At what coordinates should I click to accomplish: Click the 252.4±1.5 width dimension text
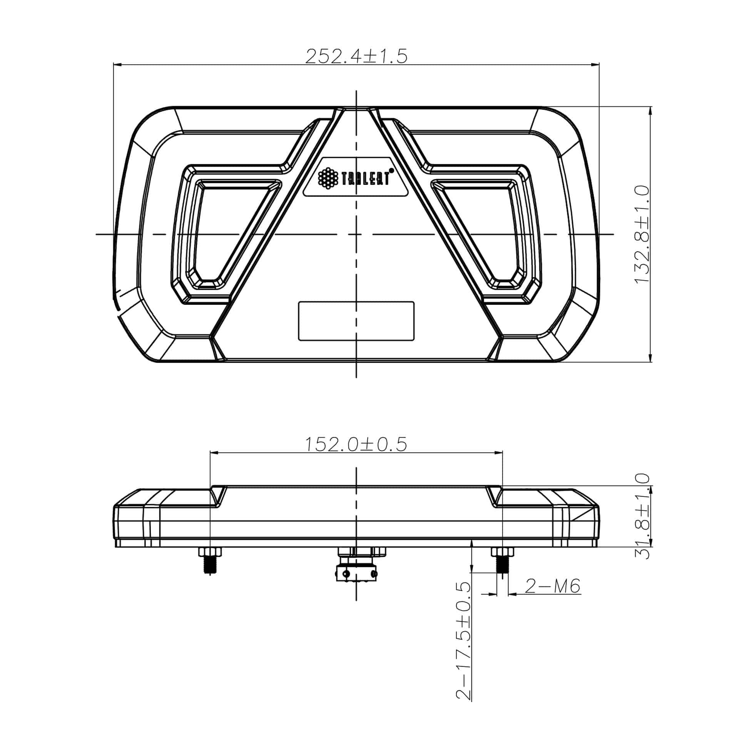coord(356,56)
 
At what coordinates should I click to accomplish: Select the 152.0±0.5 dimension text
coord(356,444)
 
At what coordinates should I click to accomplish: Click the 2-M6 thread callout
coord(552,586)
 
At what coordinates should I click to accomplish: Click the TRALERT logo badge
coord(356,178)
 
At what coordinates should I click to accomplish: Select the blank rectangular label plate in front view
coord(356,321)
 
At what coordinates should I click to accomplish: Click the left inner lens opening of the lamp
coord(227,231)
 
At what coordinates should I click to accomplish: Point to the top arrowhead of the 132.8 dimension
coord(650,111)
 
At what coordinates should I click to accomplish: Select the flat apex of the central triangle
coord(356,109)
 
